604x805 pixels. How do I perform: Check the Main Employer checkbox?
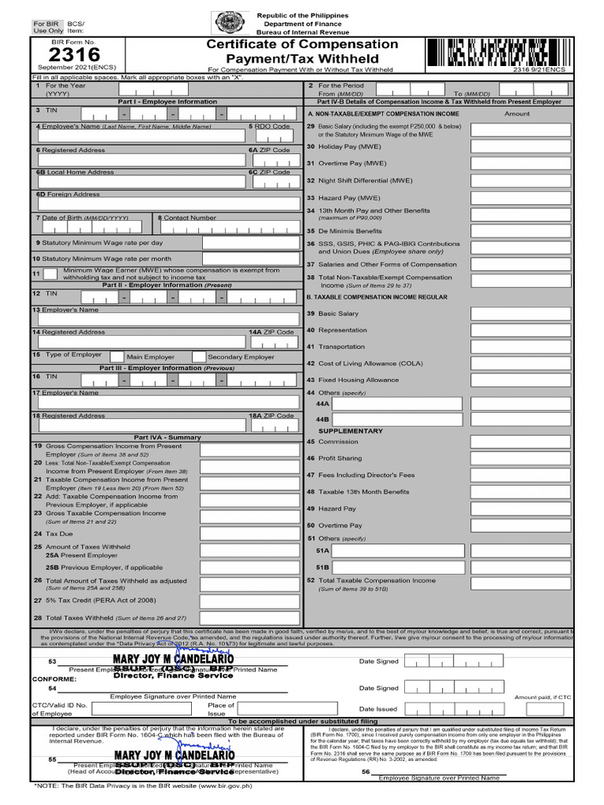pos(116,356)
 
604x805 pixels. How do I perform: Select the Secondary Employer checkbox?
pos(199,356)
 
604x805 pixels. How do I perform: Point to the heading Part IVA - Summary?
pos(167,437)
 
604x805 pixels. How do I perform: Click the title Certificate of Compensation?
pos(302,44)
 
